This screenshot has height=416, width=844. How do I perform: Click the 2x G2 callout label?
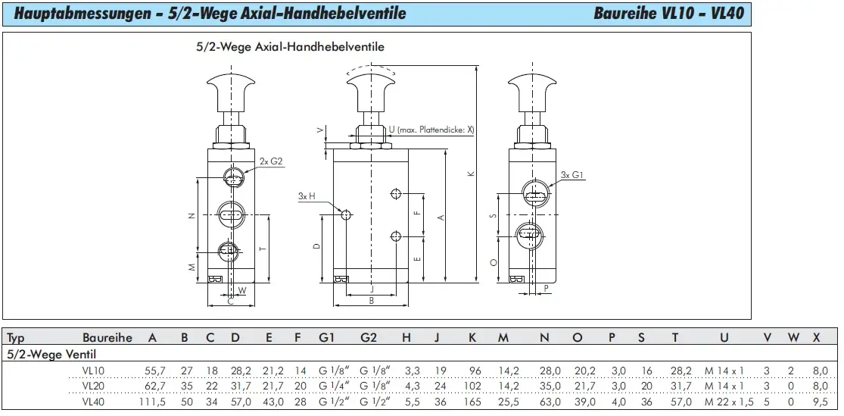coord(271,161)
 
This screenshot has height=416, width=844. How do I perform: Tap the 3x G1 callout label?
coord(572,174)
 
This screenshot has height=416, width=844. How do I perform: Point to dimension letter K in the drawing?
coord(470,174)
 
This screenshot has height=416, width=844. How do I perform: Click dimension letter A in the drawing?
coord(441,217)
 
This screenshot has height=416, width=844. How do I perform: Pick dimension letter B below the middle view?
coord(371,301)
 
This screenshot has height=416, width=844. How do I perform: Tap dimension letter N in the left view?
coord(191,216)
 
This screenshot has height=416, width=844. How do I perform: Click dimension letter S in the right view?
coord(493,215)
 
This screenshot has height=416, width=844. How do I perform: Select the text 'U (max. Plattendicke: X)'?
coord(431,130)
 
